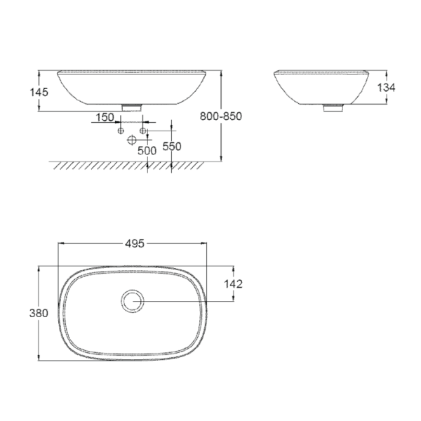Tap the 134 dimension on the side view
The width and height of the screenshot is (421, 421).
(x=386, y=88)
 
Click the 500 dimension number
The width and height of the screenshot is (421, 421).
(x=147, y=150)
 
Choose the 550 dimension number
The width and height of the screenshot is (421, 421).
(x=172, y=146)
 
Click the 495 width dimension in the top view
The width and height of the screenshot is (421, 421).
(x=135, y=243)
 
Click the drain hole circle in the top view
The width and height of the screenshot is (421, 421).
(x=132, y=302)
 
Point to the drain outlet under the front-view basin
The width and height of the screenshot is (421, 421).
(x=132, y=107)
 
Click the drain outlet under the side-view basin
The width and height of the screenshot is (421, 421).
(x=332, y=107)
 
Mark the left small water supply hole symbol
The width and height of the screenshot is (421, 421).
(x=121, y=131)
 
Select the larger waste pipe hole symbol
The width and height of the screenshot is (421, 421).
(x=132, y=140)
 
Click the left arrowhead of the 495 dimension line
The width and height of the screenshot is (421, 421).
(x=59, y=243)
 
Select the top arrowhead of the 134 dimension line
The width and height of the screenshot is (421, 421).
(x=386, y=72)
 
